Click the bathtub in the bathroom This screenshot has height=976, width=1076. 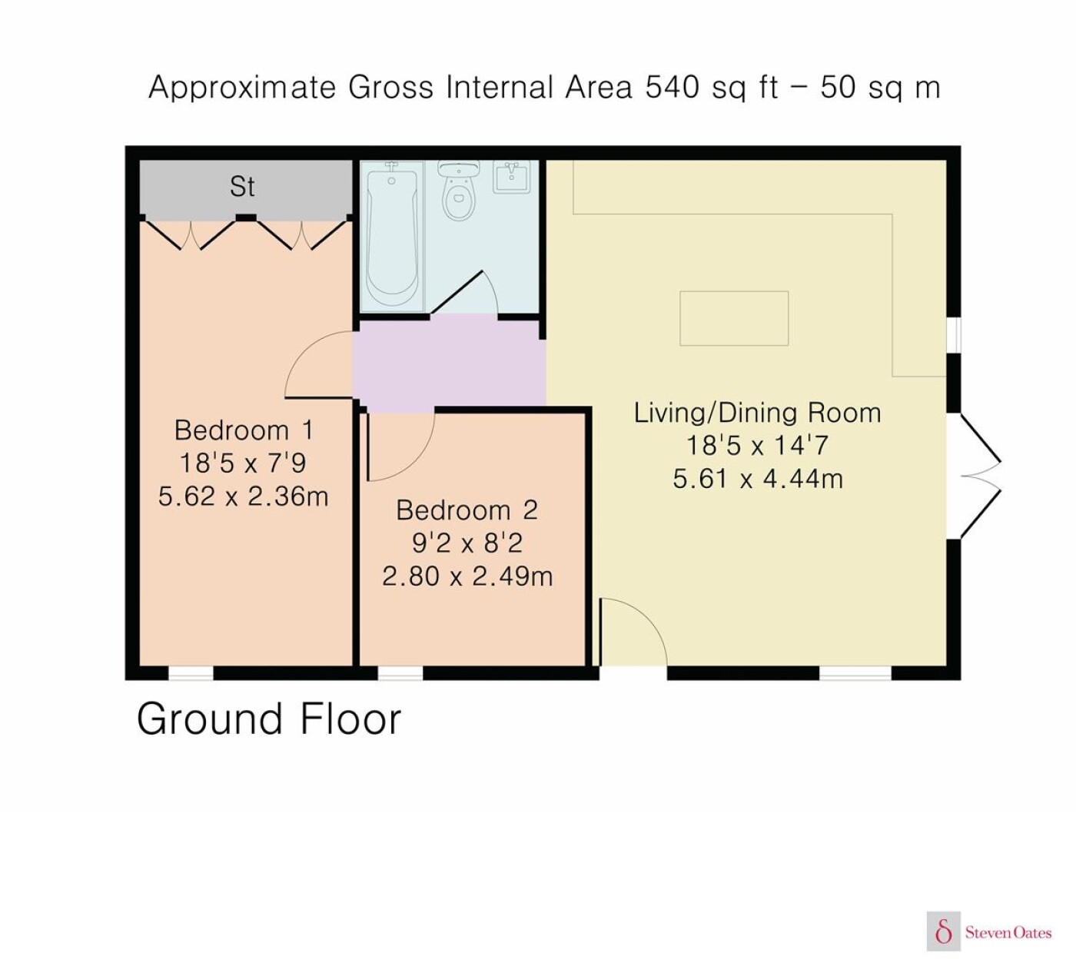(x=391, y=235)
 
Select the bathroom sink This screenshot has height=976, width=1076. (x=511, y=176)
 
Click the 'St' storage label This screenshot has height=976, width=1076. (x=242, y=186)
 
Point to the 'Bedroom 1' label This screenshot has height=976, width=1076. (x=244, y=430)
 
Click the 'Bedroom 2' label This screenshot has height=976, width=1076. (x=467, y=510)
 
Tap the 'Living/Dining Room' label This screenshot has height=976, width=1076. (x=757, y=413)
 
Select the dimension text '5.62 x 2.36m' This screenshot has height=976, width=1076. (x=243, y=496)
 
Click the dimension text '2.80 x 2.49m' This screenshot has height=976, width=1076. (x=467, y=576)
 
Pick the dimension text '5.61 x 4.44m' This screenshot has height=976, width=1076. (x=757, y=479)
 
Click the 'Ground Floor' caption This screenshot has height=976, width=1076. (x=269, y=719)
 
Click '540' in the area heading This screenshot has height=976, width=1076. (x=672, y=87)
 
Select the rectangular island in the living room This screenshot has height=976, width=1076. (x=734, y=318)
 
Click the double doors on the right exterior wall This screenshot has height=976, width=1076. (x=979, y=476)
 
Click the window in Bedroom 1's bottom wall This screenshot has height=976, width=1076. (x=191, y=673)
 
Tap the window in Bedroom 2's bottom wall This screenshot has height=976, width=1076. (x=400, y=673)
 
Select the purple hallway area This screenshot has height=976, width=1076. (x=450, y=364)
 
